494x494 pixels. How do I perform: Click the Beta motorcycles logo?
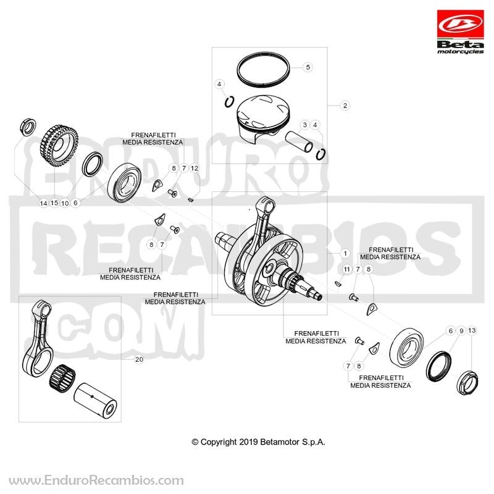click(x=460, y=32)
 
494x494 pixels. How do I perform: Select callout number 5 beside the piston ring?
click(x=308, y=67)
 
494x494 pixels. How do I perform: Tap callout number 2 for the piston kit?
click(x=345, y=106)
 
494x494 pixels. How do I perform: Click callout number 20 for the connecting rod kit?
click(x=139, y=359)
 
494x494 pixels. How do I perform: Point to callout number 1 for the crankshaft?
click(x=345, y=253)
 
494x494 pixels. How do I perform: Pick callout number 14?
click(x=43, y=203)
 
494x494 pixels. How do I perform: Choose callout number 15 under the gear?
click(x=54, y=203)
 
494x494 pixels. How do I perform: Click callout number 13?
click(x=472, y=330)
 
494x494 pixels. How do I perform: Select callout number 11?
click(x=347, y=269)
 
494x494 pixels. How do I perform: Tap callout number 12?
click(x=195, y=168)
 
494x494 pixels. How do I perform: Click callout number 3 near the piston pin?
click(x=304, y=125)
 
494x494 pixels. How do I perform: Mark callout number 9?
click(x=461, y=331)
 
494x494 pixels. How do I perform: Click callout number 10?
click(x=65, y=203)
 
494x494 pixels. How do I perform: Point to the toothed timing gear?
click(x=59, y=146)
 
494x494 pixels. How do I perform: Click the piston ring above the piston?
click(x=263, y=70)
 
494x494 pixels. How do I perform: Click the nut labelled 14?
click(x=28, y=127)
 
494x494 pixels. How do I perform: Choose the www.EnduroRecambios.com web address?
click(x=96, y=480)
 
